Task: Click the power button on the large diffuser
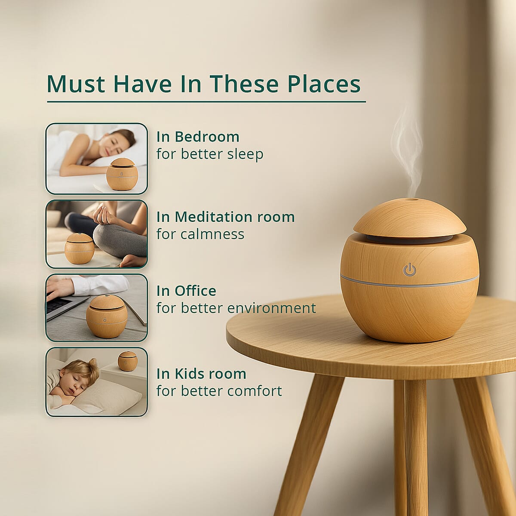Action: click(x=410, y=270)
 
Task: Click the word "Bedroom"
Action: click(x=207, y=137)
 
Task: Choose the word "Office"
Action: click(x=195, y=291)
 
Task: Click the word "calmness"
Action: click(x=200, y=234)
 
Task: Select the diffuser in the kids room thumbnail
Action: click(x=128, y=361)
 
